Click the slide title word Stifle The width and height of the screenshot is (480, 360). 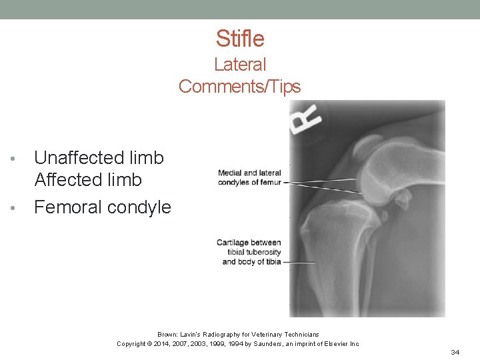tap(239, 39)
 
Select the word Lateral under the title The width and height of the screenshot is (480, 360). tap(239, 65)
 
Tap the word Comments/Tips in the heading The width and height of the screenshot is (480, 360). tap(239, 87)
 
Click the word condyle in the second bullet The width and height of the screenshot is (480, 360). tap(142, 207)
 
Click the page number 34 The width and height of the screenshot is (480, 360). tap(455, 351)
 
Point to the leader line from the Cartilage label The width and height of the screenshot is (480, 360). tap(299, 262)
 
